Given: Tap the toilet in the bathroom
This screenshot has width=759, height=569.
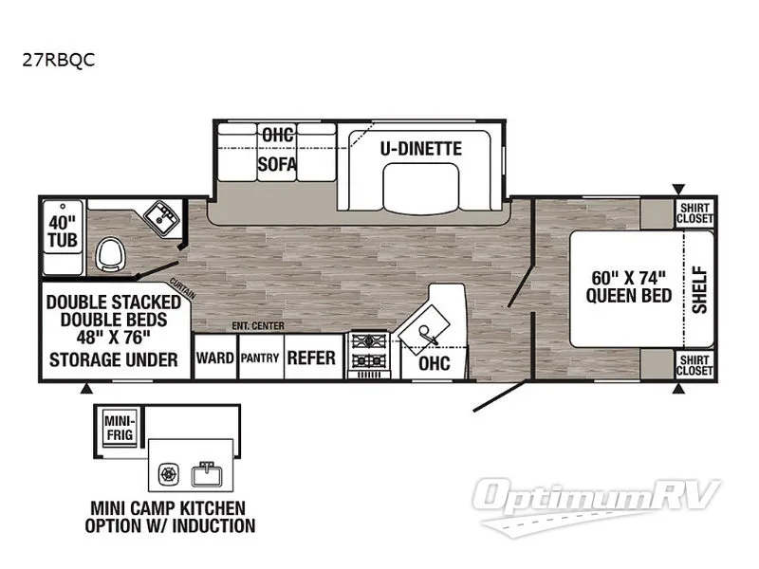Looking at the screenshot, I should pyautogui.click(x=111, y=254).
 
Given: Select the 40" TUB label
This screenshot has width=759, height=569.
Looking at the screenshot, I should pyautogui.click(x=62, y=231).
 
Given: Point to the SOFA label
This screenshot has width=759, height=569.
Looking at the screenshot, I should pyautogui.click(x=277, y=164).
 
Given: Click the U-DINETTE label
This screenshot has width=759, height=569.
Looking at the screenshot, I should pyautogui.click(x=421, y=149).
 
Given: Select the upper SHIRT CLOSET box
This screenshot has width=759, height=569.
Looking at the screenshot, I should pyautogui.click(x=694, y=213).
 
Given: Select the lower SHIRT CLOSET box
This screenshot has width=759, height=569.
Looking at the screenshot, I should pyautogui.click(x=694, y=365).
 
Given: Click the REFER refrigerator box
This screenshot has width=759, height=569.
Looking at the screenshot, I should pyautogui.click(x=311, y=358).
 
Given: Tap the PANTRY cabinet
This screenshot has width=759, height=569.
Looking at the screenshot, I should pyautogui.click(x=258, y=358).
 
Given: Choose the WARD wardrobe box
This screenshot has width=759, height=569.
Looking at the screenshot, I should pyautogui.click(x=214, y=358).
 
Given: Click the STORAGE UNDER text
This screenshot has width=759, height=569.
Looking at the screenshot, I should pyautogui.click(x=115, y=359).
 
